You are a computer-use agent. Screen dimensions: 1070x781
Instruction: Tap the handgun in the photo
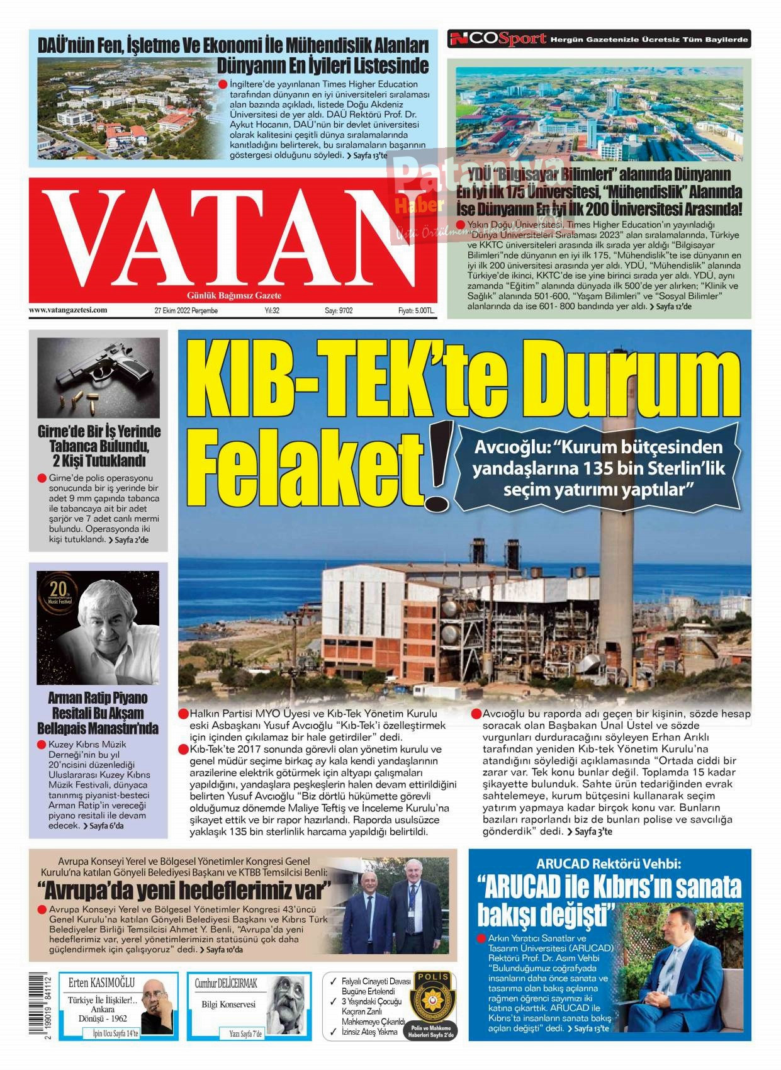[104, 368]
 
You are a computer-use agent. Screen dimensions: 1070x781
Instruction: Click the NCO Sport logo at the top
[497, 39]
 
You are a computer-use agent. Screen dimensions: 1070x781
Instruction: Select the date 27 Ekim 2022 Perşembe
[186, 310]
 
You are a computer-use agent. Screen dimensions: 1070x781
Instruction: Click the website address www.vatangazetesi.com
[68, 310]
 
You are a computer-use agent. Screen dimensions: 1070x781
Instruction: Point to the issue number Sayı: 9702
[339, 310]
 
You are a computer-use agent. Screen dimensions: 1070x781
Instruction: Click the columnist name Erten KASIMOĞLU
[101, 983]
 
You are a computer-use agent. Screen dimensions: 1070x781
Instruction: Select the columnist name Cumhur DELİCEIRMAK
[226, 983]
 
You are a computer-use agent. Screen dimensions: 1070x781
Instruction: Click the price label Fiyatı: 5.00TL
[416, 310]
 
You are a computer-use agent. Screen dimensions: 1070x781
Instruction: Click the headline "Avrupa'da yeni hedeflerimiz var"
[184, 891]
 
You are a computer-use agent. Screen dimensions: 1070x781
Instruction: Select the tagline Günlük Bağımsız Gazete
[234, 295]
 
